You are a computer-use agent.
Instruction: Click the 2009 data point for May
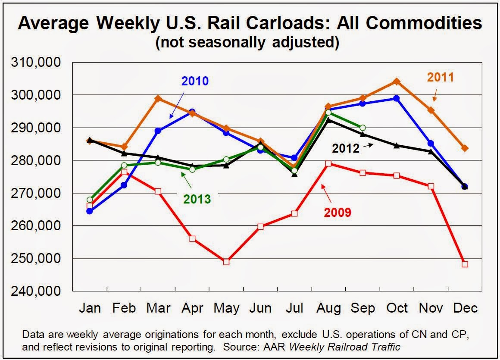click(226, 262)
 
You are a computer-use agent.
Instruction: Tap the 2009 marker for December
click(465, 264)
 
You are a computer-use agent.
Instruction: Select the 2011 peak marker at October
click(397, 81)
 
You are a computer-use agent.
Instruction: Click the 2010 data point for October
click(397, 98)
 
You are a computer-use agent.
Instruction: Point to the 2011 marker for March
click(158, 98)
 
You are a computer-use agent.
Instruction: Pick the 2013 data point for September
click(362, 128)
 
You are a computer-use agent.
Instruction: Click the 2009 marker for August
click(328, 163)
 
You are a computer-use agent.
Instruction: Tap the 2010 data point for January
click(90, 211)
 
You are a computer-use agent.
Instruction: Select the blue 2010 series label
click(195, 81)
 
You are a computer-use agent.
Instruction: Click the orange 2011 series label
click(441, 77)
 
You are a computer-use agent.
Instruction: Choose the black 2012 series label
click(345, 148)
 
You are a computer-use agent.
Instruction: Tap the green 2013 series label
click(197, 199)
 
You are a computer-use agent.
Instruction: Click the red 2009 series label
click(338, 212)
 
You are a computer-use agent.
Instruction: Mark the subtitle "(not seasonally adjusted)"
click(250, 43)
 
